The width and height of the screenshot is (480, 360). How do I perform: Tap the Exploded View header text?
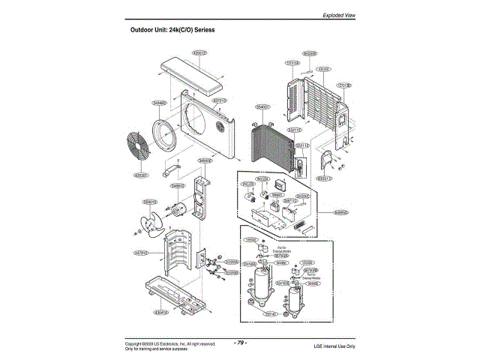(x=339, y=15)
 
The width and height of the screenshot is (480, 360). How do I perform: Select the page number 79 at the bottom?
(x=240, y=342)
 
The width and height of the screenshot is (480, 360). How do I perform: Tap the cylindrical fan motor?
(x=181, y=211)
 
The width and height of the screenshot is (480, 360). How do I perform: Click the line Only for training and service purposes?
(x=156, y=349)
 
